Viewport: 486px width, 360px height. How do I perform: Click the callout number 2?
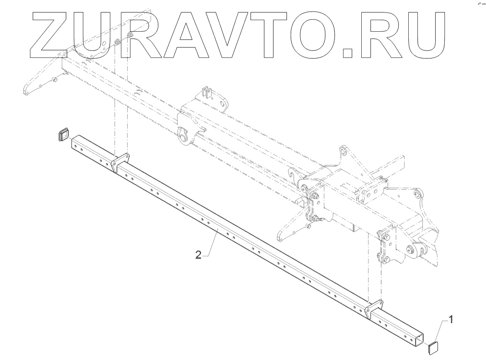coord(199,254)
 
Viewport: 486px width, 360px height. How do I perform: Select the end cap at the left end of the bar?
coord(63,134)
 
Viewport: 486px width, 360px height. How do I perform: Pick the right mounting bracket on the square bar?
coord(374,310)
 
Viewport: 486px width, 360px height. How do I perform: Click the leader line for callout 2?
coord(211,245)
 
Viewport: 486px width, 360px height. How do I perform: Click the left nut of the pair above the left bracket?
coord(117,43)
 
